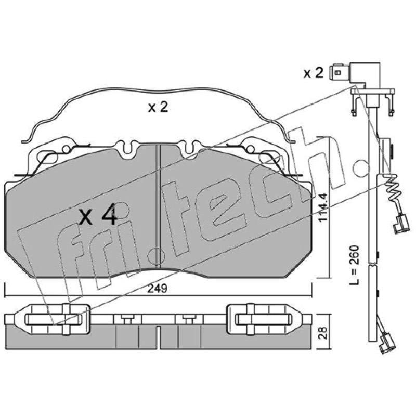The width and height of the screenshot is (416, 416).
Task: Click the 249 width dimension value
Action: point(158,289)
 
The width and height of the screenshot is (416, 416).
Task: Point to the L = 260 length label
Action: point(354,265)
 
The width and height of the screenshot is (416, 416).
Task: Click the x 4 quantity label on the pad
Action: point(98,215)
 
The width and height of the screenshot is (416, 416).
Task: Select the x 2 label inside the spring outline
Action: point(158,108)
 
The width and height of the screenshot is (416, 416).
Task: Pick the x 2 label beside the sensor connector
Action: point(314,73)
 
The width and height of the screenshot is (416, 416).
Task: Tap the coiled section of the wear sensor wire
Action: point(393,188)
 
